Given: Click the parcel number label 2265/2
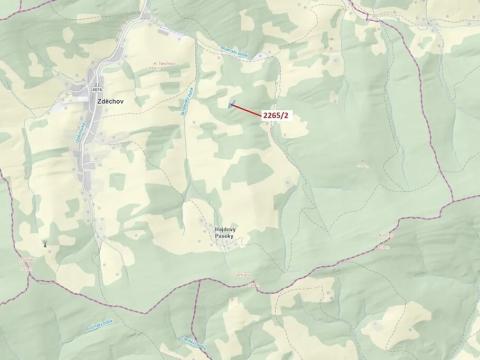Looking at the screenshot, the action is click(275, 116).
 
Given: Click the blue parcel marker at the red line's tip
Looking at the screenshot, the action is click(231, 103).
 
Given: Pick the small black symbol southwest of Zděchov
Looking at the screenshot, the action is click(45, 242).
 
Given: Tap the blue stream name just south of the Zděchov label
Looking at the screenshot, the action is click(80, 129).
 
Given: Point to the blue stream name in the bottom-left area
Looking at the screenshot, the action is click(100, 324).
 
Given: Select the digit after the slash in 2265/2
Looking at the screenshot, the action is click(287, 116).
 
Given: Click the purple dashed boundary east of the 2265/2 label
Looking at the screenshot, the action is click(330, 110).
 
